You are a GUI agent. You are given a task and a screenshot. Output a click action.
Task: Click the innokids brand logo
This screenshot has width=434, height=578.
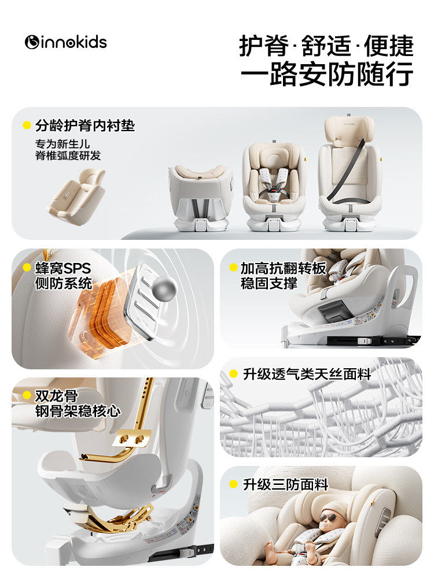click(66, 42)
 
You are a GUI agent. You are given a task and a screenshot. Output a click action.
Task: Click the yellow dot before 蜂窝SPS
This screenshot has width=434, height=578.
click(27, 268)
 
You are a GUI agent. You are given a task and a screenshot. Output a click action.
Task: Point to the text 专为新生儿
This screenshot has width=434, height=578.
click(62, 143)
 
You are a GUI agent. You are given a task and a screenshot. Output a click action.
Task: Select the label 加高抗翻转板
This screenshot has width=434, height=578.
click(284, 268)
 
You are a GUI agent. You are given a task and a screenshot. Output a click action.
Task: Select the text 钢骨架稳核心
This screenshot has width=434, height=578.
click(78, 411)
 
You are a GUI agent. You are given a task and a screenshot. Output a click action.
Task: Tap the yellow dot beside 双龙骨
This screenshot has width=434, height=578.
click(27, 396)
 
